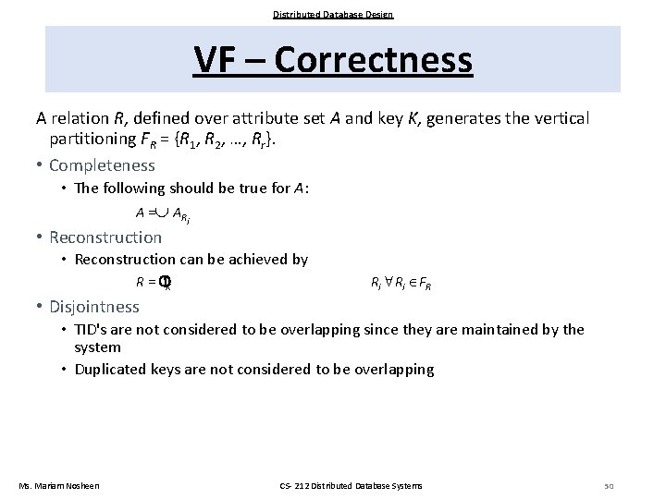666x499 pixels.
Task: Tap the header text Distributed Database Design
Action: coord(333,14)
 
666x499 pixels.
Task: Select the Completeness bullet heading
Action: coord(102,165)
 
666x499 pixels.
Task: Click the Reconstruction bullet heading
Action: coord(105,237)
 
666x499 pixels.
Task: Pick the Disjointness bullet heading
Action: coord(93,307)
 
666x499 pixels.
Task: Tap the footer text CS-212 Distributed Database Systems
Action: coord(350,486)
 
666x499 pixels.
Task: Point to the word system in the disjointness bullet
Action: coord(97,347)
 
